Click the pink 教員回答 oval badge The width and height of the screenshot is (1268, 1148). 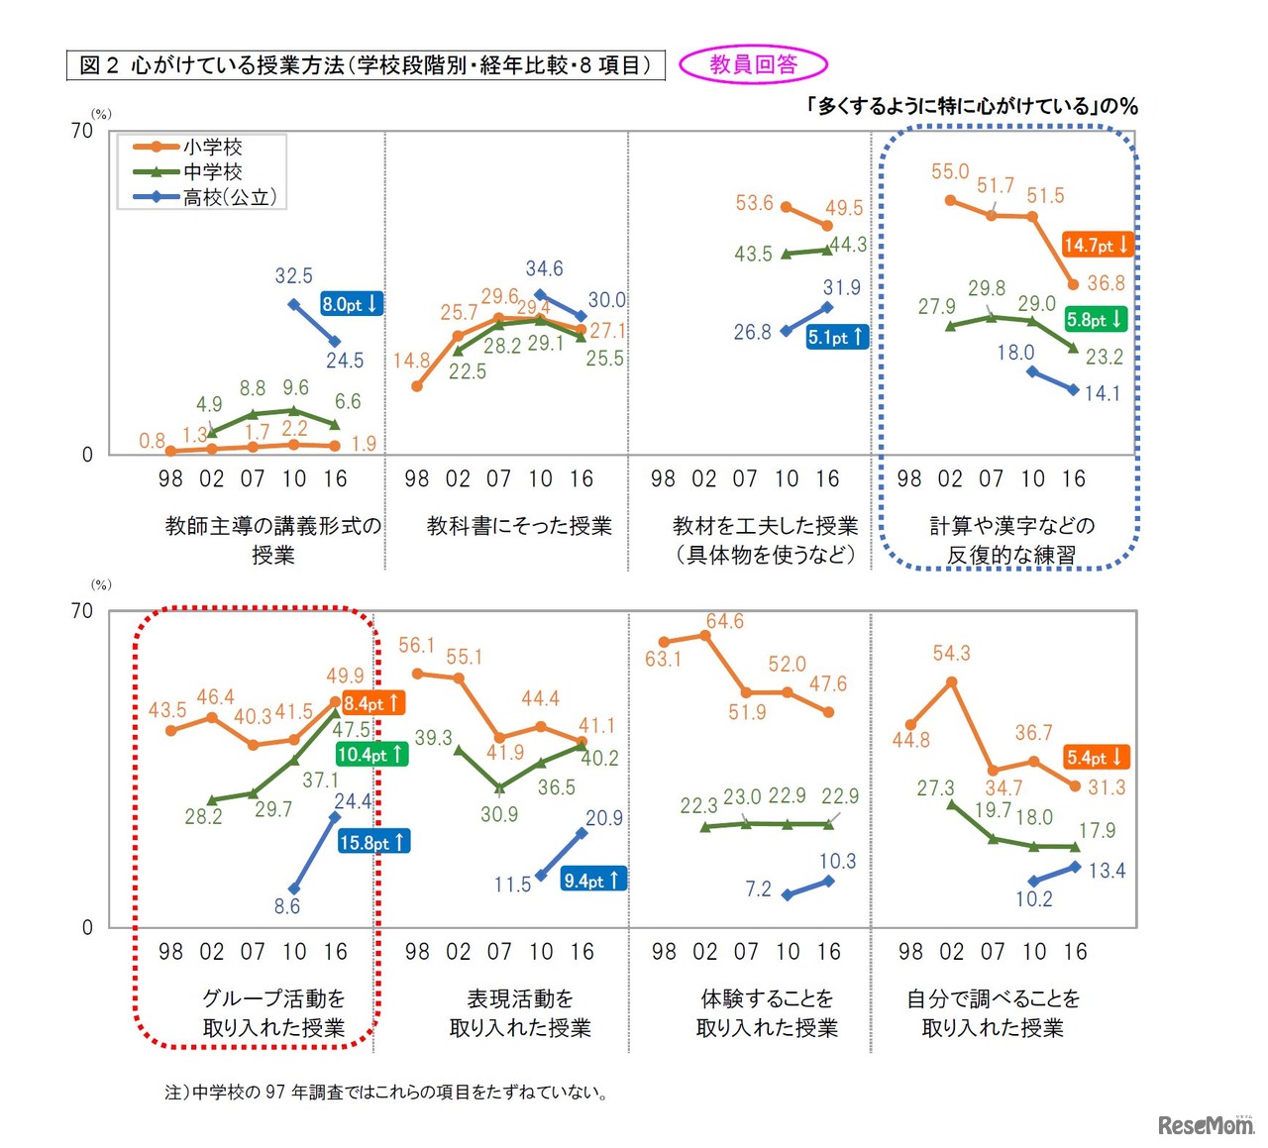tap(753, 65)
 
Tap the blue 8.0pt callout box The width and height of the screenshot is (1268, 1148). tap(350, 304)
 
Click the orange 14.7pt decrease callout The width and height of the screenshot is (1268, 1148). tap(1096, 245)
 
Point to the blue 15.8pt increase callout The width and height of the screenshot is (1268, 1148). tap(372, 842)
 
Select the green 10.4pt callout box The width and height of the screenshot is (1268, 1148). tap(370, 754)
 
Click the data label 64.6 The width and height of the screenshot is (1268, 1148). tap(724, 621)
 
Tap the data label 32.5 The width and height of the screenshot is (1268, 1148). tap(293, 275)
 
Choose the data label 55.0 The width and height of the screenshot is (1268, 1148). tap(949, 171)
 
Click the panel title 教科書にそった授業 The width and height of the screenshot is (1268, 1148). tap(519, 526)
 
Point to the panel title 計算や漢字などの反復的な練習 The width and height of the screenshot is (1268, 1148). tap(1011, 540)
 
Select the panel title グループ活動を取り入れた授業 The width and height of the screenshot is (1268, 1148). tap(273, 1012)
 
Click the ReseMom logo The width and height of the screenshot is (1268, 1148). tap(1205, 1125)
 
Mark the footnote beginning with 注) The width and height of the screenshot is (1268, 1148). tap(387, 1093)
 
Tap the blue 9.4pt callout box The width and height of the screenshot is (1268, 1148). tap(592, 880)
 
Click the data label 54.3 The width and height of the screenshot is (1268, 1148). tap(951, 653)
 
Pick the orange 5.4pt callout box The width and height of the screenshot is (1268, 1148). tap(1096, 758)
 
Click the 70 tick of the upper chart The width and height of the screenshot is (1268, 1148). tap(82, 131)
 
